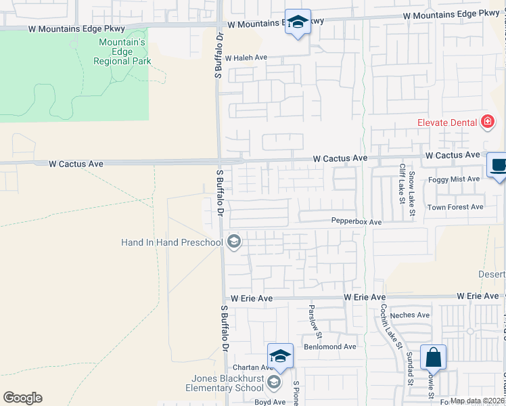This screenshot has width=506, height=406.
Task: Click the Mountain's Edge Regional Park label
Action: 122,51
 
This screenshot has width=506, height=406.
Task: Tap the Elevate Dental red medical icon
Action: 487,122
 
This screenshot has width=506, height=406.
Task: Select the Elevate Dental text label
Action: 446,123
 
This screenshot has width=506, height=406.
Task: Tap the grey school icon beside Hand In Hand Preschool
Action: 234,242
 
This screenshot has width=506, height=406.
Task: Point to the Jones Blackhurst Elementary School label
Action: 225,383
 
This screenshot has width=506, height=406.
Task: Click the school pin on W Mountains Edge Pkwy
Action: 298,22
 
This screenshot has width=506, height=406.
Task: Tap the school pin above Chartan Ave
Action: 281,356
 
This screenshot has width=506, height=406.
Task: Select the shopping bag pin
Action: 433,357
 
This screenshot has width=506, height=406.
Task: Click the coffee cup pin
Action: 499,165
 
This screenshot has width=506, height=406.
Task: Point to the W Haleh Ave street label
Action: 246,58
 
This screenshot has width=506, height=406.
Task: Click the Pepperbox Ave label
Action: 356,221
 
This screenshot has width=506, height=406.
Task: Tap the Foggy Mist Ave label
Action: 454,179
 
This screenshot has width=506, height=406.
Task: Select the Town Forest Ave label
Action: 455,207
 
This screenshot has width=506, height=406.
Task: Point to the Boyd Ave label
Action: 270,402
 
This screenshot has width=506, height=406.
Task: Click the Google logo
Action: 22,398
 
